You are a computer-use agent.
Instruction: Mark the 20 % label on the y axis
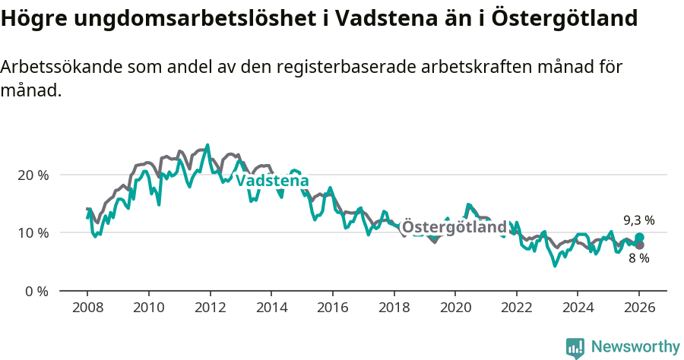pos(33,175)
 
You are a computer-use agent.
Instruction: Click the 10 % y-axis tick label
pos(33,233)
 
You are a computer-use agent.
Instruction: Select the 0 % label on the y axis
pos(36,291)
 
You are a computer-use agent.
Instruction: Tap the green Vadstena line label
pos(272,181)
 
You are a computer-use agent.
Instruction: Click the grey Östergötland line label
pos(454,227)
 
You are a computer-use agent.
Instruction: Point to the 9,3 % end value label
pos(638,220)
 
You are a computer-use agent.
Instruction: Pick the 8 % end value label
pos(638,258)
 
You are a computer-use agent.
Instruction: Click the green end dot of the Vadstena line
pos(639,238)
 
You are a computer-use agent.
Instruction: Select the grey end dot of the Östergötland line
pos(639,245)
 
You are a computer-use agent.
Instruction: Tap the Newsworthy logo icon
pos(575,347)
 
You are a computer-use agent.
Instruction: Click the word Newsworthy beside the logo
pos(635,347)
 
